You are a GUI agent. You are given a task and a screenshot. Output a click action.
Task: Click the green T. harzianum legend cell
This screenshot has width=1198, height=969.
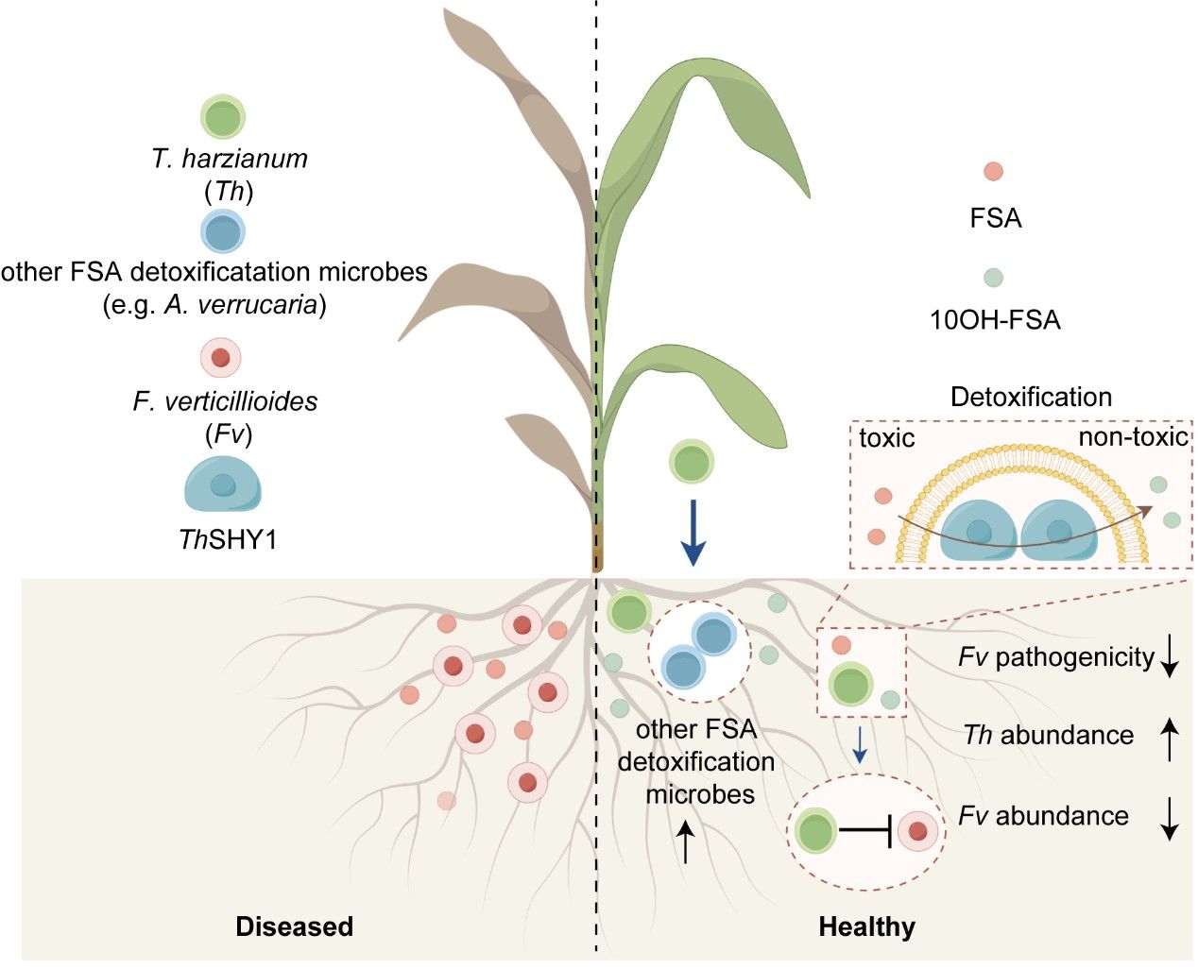pyautogui.click(x=223, y=117)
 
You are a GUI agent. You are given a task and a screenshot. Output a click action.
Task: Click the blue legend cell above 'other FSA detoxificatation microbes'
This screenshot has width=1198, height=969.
pyautogui.click(x=223, y=231)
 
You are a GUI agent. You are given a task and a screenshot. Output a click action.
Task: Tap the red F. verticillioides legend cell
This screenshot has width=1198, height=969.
pyautogui.click(x=221, y=359)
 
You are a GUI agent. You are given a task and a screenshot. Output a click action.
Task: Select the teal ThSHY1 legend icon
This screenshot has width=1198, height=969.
pyautogui.click(x=222, y=484)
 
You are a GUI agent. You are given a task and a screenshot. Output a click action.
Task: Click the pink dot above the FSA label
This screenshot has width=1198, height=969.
pyautogui.click(x=993, y=172)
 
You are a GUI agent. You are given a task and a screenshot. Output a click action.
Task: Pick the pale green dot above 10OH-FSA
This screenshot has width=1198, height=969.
pyautogui.click(x=993, y=278)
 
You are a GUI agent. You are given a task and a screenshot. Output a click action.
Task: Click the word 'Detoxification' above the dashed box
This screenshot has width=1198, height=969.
pyautogui.click(x=1031, y=397)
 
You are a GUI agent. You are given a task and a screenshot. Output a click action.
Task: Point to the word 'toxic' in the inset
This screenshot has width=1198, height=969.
pyautogui.click(x=886, y=438)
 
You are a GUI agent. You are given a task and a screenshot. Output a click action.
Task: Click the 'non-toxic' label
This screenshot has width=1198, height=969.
pyautogui.click(x=1133, y=437)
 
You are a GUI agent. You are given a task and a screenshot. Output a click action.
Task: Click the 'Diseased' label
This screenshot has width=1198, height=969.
pyautogui.click(x=294, y=926)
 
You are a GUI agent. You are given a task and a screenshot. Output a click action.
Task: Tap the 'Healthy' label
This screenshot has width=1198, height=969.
pyautogui.click(x=866, y=926)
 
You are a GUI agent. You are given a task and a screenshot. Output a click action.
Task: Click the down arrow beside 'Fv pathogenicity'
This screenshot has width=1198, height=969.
pyautogui.click(x=1170, y=656)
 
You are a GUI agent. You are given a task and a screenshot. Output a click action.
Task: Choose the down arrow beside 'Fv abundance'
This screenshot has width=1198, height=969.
pyautogui.click(x=1170, y=818)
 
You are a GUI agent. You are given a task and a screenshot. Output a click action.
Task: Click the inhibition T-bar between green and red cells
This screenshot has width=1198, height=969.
pyautogui.click(x=866, y=831)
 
